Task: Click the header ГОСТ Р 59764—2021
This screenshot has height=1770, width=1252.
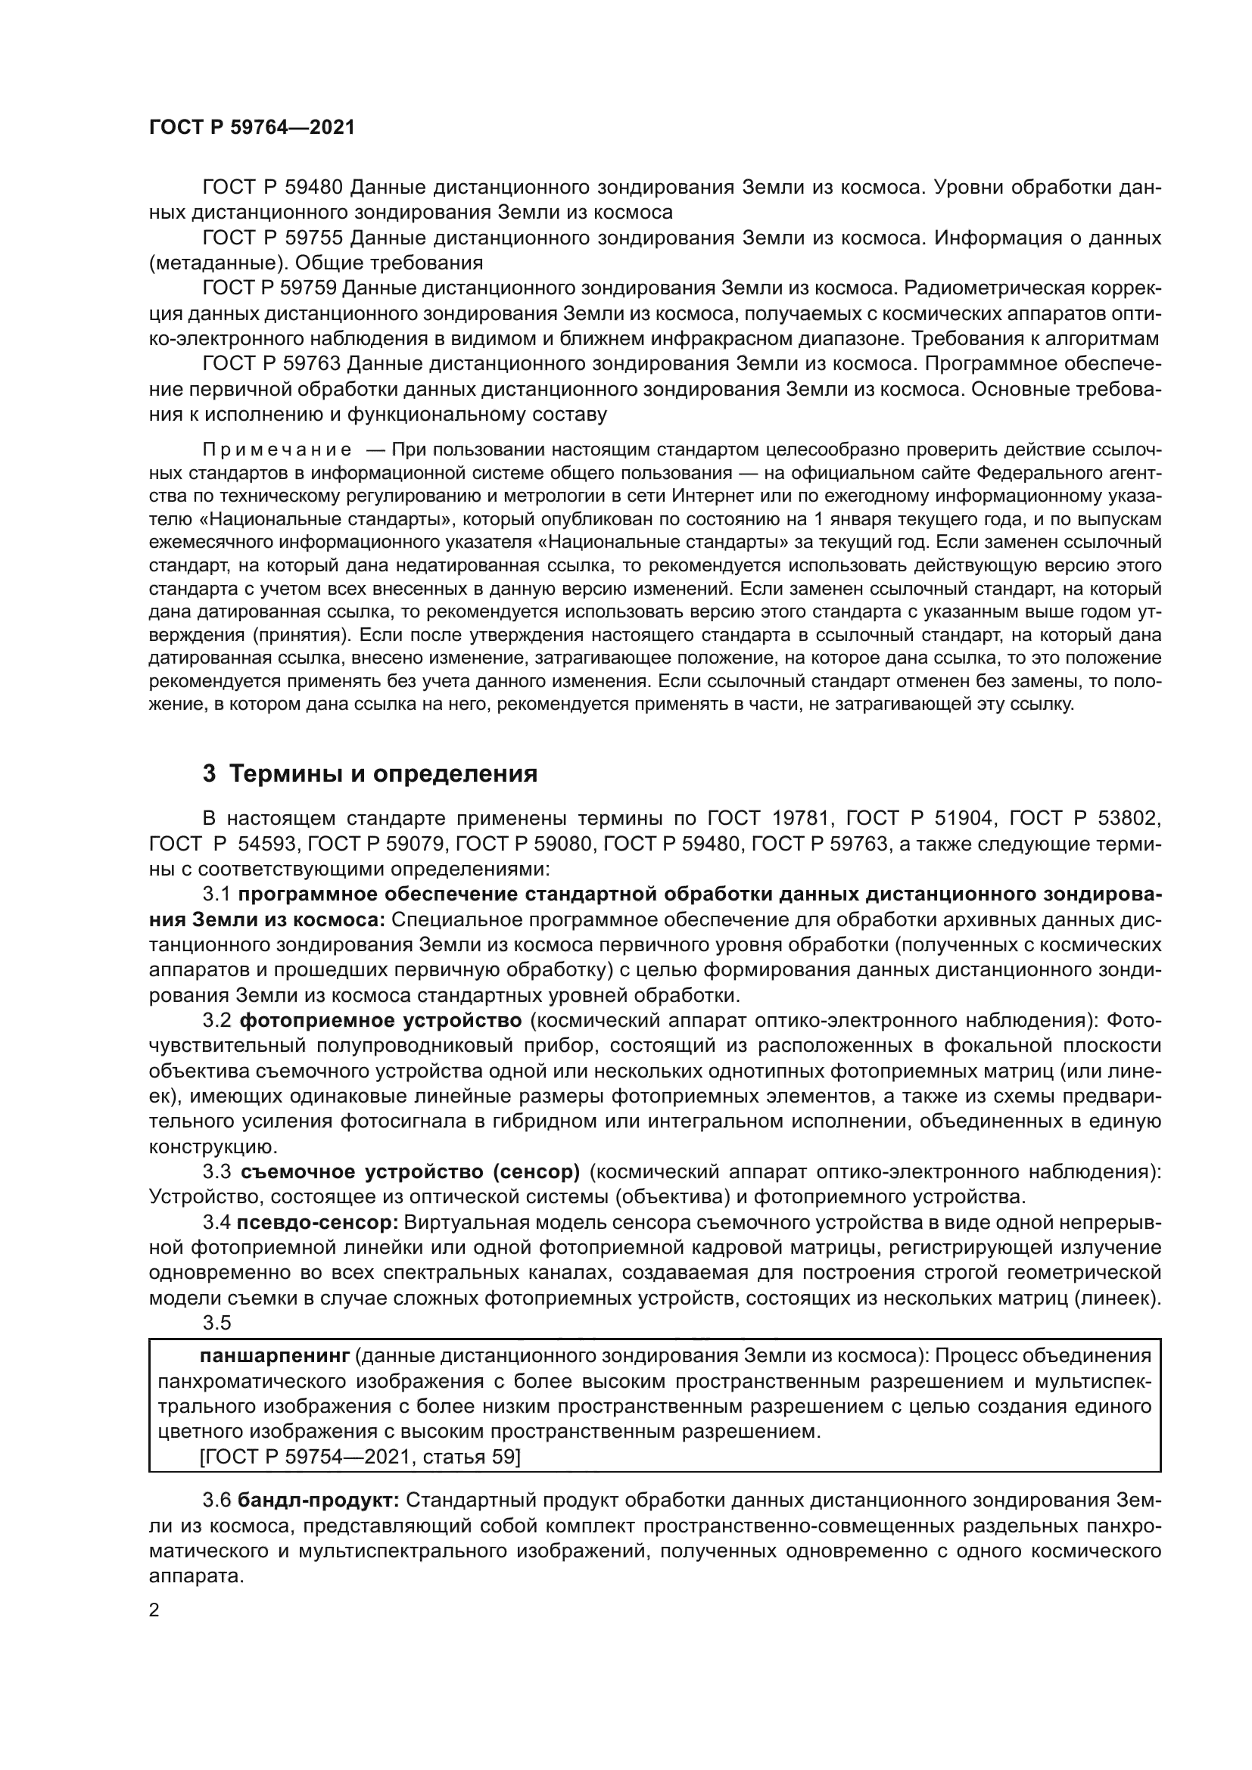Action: [252, 128]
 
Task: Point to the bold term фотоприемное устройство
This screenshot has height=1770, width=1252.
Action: [381, 1021]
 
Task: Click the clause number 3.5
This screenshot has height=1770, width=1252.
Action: [216, 1323]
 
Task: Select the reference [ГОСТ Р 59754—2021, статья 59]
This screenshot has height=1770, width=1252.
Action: [360, 1457]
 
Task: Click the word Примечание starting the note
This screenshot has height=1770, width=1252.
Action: [277, 450]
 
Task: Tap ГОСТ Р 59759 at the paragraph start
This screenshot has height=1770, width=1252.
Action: [267, 288]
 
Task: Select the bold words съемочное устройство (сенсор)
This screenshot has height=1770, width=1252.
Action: [410, 1172]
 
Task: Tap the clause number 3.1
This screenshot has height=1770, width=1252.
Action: [216, 894]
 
